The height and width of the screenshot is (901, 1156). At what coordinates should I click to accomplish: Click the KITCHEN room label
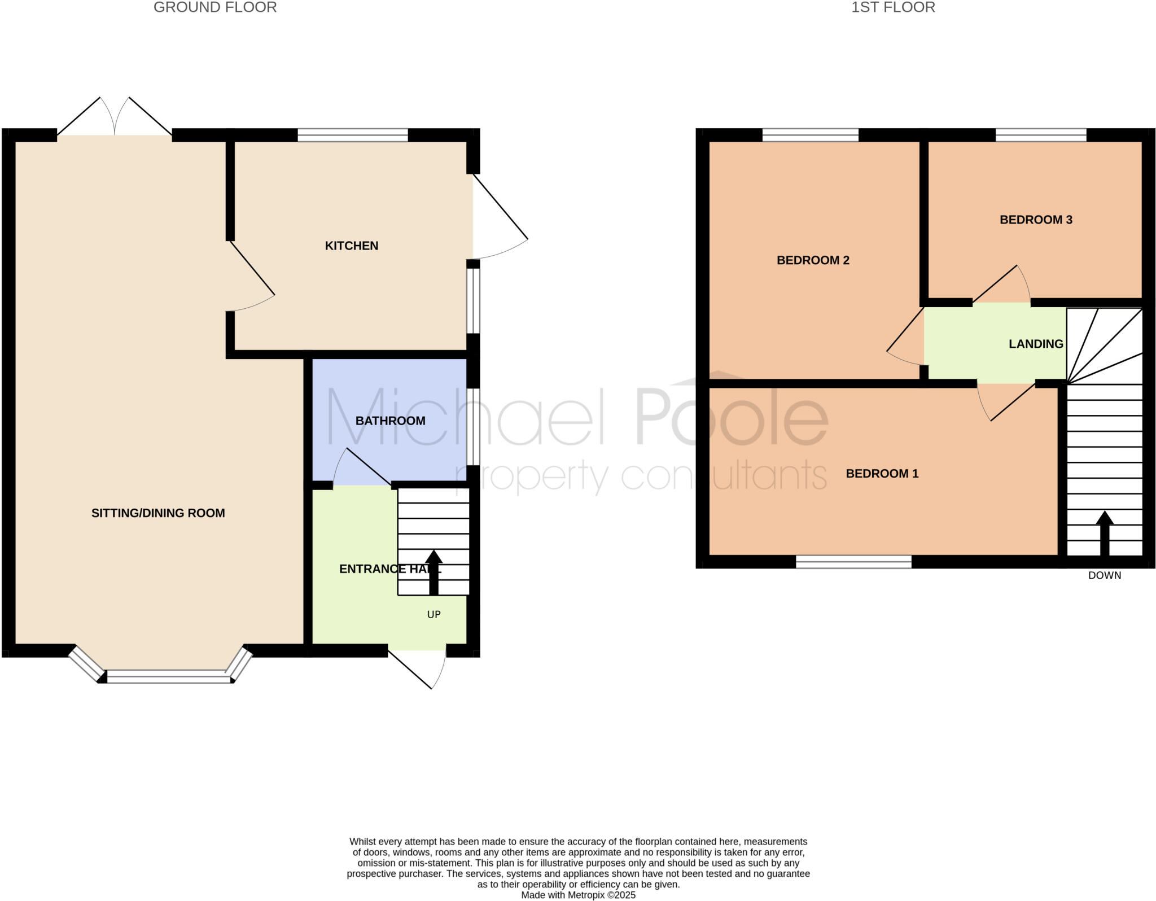coord(351,246)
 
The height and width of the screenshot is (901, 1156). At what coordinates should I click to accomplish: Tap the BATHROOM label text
coord(390,421)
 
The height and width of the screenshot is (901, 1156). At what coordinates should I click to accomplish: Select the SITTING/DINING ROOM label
coord(158,513)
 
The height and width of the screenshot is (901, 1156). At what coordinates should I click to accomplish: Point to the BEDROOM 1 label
coord(882,474)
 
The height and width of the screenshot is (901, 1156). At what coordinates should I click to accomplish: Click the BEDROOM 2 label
coord(813,260)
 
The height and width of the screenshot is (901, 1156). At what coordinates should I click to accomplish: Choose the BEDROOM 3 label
coord(1036,220)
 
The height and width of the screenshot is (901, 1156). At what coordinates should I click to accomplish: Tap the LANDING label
coord(1036,344)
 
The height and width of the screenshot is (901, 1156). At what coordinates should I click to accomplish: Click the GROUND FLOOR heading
coord(215,7)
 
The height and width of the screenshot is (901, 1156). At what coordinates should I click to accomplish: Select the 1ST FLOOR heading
coord(893,7)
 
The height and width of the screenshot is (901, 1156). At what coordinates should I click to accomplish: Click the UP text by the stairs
coord(433,614)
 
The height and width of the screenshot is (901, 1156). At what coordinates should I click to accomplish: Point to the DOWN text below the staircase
coord(1104,575)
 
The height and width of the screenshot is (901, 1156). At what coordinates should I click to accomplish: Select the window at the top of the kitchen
coord(352,135)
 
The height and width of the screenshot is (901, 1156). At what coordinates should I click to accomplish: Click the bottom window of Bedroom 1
coord(853,561)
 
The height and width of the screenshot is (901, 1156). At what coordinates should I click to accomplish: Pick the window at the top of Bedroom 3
coord(1041,135)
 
